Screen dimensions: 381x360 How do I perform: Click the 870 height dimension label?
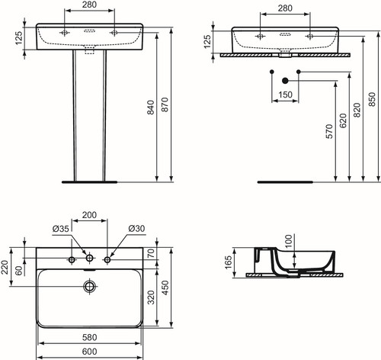coord(165,104)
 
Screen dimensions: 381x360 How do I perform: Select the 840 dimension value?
coord(151,107)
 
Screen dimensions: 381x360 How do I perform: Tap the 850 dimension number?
coord(372,99)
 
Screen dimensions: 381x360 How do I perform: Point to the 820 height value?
coord(357,110)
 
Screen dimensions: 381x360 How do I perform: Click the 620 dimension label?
coord(343,121)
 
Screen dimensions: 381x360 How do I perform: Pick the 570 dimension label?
coord(329,131)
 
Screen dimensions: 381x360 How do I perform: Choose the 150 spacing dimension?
coord(285,95)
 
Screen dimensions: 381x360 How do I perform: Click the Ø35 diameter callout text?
coord(61,229)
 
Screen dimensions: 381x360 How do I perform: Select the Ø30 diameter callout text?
coord(136,229)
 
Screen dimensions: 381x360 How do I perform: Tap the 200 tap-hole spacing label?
coord(89,215)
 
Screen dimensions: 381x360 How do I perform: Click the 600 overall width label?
coord(89,352)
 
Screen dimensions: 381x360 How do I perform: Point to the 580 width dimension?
coord(89,337)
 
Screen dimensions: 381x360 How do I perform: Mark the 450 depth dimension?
coord(165,288)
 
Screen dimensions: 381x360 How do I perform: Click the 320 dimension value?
coord(151,297)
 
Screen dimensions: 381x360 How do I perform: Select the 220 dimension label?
coord(5,267)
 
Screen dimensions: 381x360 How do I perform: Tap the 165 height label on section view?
coord(229,262)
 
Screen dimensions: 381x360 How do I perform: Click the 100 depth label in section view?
coord(289,241)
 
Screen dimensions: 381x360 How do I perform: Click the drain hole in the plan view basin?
coord(89,286)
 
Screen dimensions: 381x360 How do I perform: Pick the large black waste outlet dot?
coord(285,81)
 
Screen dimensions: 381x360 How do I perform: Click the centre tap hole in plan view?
coord(89,259)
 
